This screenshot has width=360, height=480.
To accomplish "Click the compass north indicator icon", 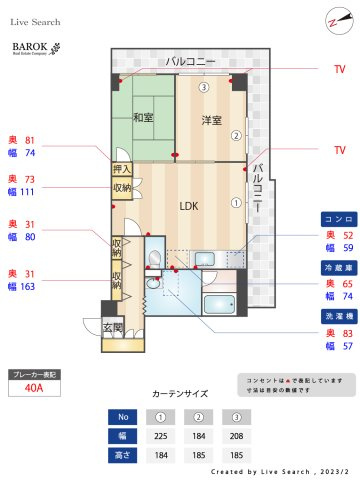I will click(334, 22).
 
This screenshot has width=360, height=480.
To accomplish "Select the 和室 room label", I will click(143, 117).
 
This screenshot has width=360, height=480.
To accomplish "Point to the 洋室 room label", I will click(210, 120).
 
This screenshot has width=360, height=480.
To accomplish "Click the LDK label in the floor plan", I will click(189, 206).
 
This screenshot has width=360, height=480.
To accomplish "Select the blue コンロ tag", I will click(334, 218).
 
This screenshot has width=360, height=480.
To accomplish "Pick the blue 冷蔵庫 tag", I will click(334, 268).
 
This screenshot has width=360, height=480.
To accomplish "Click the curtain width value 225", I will click(160, 435).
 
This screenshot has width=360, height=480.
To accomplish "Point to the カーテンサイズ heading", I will click(181, 394).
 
